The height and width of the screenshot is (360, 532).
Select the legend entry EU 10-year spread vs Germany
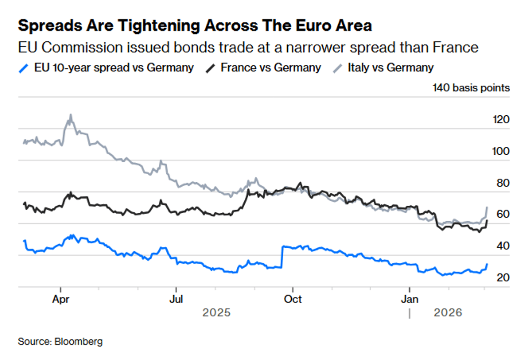(x=113, y=68)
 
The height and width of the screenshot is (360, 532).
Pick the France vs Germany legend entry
(x=270, y=68)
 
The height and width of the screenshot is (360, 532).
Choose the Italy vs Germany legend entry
(x=390, y=68)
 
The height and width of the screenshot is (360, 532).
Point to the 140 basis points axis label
(x=471, y=88)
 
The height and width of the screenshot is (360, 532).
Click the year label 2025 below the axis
(x=216, y=313)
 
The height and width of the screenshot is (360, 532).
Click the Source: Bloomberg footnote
(x=60, y=341)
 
